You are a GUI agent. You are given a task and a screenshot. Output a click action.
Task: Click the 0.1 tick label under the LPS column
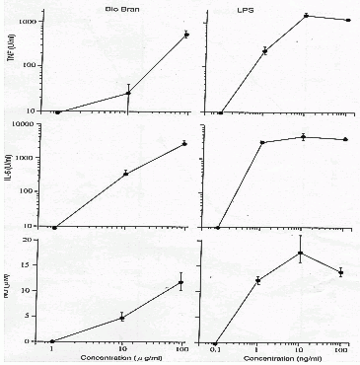click(214, 348)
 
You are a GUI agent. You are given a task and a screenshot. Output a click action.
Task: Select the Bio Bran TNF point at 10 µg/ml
click(128, 93)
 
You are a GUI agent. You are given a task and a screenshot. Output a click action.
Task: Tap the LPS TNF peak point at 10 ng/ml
click(306, 16)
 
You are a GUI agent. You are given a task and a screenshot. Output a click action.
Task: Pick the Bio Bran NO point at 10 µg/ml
click(121, 317)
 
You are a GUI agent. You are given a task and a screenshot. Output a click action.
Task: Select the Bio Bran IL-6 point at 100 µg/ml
click(183, 144)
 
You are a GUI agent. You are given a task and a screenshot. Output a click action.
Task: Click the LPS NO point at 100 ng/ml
click(340, 272)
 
